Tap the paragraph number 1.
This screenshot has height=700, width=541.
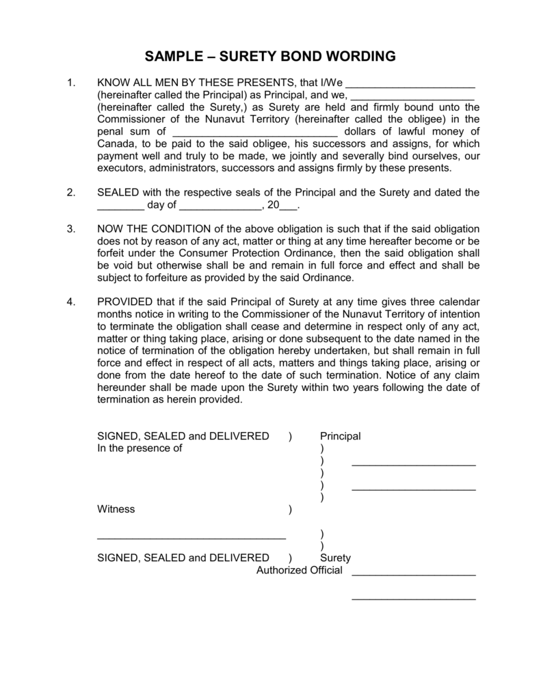70,83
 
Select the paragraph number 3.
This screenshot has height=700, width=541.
70,228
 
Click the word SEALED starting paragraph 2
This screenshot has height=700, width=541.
119,193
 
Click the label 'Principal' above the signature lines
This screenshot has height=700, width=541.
340,436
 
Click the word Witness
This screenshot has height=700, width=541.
116,509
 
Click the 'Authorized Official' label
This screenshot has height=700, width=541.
299,570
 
